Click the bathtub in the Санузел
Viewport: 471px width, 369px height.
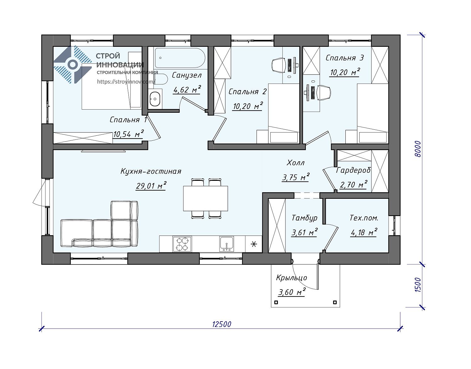pos(180,58)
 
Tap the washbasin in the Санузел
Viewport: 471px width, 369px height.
pos(155,99)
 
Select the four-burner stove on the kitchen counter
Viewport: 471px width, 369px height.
pos(182,244)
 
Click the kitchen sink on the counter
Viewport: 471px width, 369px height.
pos(226,244)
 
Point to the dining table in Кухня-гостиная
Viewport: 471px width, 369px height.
pos(205,198)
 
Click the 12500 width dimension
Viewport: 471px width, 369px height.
pos(221,324)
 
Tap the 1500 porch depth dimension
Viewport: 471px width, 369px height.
pos(417,285)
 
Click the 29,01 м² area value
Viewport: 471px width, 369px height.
pos(151,186)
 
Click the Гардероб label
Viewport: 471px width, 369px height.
pos(353,171)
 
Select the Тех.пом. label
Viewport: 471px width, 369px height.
pos(364,218)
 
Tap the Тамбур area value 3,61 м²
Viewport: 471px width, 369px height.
pos(304,232)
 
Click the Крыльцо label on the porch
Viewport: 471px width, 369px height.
pos(291,278)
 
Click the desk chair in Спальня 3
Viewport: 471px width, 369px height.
pos(324,93)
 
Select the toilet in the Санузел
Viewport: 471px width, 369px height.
pos(161,79)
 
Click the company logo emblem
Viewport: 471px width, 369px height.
pos(73,64)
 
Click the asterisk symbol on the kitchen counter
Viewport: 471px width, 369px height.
pos(254,244)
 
